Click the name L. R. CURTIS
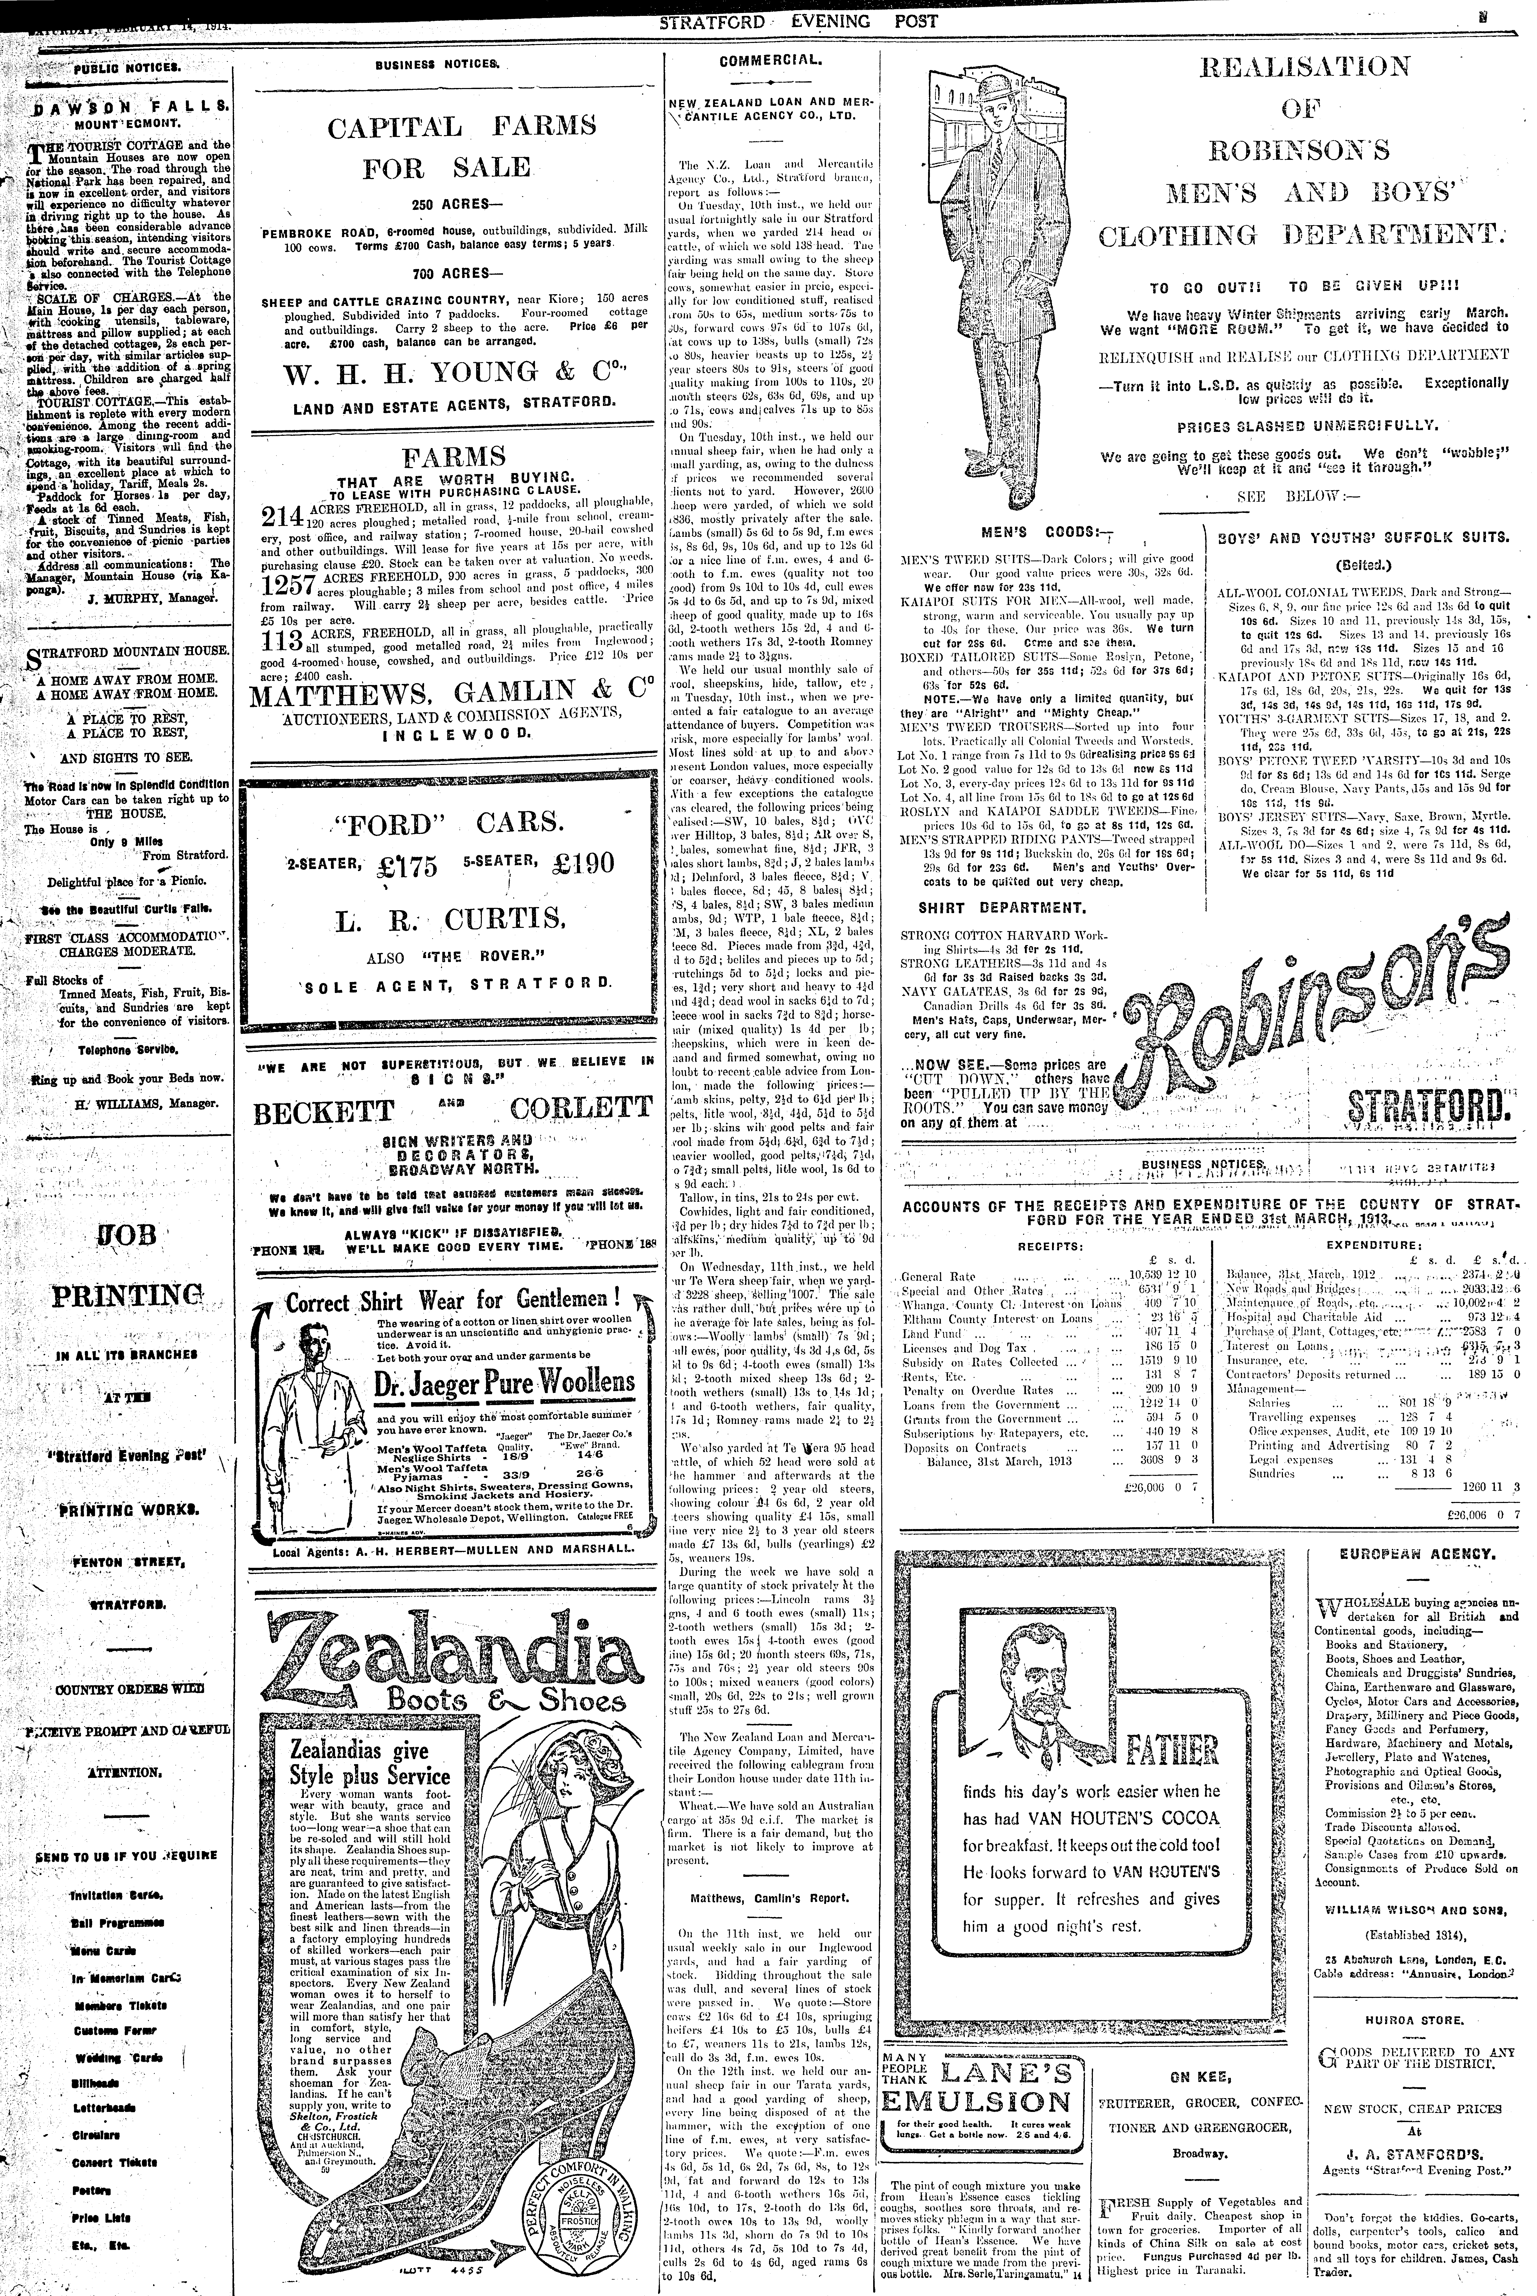(451, 920)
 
